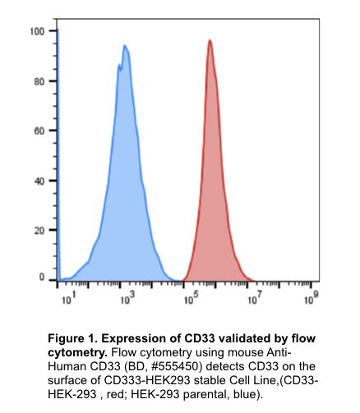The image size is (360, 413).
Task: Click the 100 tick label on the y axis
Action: pos(37,31)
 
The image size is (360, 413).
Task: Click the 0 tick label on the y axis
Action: pos(42,278)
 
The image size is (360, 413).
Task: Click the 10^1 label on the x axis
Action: pos(68,301)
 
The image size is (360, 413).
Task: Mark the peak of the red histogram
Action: pos(210,40)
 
